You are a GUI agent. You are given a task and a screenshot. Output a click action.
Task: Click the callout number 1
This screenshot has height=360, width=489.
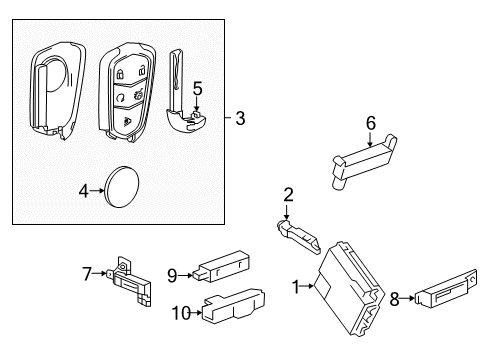[296, 288]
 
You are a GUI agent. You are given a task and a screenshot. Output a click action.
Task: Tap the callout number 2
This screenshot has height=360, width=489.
[287, 195]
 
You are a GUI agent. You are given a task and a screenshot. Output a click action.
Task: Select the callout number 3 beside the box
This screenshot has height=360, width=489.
[239, 119]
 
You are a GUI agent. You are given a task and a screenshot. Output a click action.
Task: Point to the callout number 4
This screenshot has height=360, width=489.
[85, 187]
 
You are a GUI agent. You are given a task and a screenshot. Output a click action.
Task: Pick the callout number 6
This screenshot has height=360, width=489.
[370, 124]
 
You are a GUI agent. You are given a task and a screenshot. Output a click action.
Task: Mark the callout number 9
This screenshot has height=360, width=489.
[172, 275]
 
